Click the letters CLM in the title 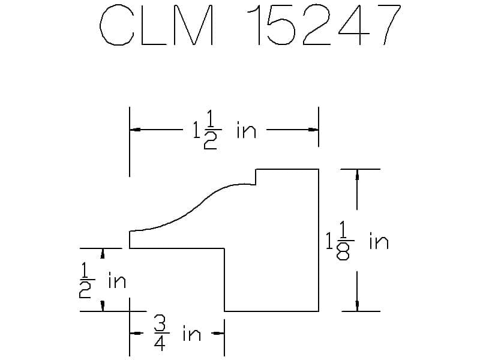[x=157, y=25]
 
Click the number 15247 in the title [x=324, y=25]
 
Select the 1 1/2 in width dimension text [x=224, y=130]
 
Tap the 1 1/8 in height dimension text [x=357, y=241]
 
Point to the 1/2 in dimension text [x=102, y=281]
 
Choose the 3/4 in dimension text [x=177, y=334]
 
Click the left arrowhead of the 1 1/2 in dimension [x=135, y=130]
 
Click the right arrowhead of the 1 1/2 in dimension [x=313, y=130]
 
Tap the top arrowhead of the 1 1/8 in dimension [x=357, y=175]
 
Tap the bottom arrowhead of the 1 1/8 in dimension [x=357, y=306]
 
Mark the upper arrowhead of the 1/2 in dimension [x=103, y=253]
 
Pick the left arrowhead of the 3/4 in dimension [x=135, y=333]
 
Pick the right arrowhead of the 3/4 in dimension [x=219, y=333]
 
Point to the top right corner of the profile [x=319, y=169]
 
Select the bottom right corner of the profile [x=319, y=311]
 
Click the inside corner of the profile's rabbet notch [x=224, y=248]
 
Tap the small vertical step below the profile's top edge [x=256, y=176]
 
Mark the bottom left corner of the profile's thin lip [x=130, y=248]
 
